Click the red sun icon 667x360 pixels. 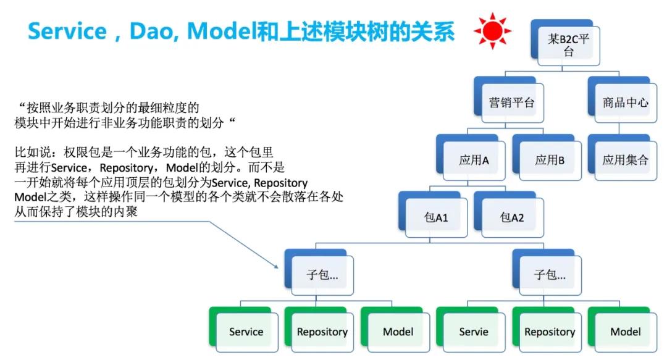[492, 31]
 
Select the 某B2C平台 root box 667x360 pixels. [565, 43]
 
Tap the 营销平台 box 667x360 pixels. [509, 100]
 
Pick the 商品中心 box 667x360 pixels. [623, 100]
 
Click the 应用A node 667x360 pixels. [471, 157]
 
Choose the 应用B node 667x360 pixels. [547, 157]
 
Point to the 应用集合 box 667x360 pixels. [623, 157]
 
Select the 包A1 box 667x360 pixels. [433, 215]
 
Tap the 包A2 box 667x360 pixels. [509, 215]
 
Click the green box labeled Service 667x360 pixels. [243, 329]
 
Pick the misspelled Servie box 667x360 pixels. [471, 329]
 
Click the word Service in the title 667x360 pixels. [67, 31]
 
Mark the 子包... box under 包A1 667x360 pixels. [319, 272]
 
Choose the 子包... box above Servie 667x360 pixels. [547, 272]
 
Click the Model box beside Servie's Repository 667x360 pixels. [623, 329]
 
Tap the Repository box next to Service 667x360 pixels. [319, 329]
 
